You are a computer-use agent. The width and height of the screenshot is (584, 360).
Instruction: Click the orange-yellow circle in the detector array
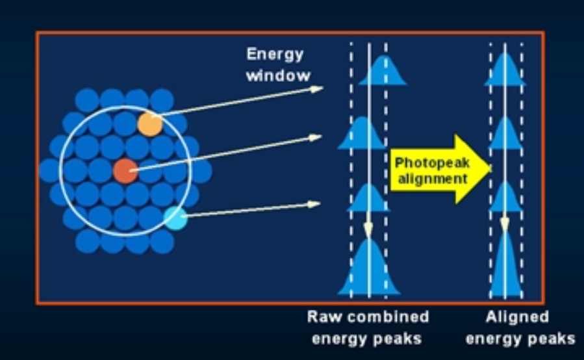[x=149, y=123]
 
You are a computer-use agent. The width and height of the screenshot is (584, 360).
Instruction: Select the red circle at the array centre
[x=125, y=171]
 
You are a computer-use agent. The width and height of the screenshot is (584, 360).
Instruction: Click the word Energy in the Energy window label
[x=274, y=55]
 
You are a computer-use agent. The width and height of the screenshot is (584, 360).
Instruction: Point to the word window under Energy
[x=277, y=75]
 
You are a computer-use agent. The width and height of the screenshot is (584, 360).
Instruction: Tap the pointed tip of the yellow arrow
[x=490, y=170]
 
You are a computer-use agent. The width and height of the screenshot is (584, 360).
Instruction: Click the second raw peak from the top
[x=361, y=133]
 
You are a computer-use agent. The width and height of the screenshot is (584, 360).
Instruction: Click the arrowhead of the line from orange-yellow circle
[x=318, y=88]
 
